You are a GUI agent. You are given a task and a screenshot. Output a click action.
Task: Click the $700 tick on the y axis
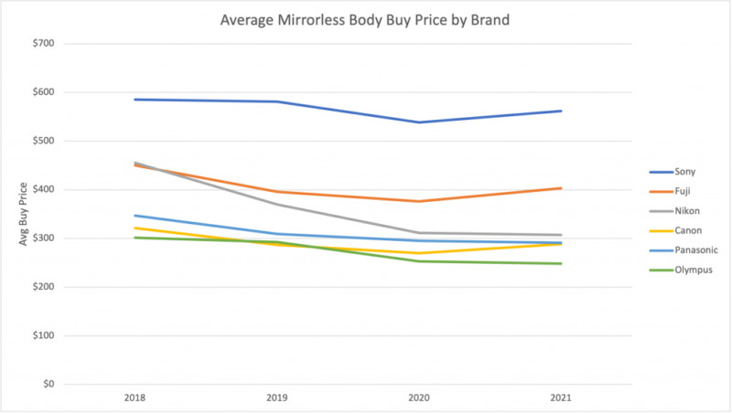tap(41, 44)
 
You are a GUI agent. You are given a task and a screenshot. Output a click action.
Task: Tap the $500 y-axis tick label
tap(41, 142)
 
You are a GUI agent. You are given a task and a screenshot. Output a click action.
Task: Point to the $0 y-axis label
tap(47, 385)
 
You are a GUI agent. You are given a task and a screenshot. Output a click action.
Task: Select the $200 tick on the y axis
tap(41, 287)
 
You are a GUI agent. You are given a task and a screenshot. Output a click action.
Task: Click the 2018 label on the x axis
tap(135, 399)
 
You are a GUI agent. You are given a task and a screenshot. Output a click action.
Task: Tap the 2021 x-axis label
tap(562, 399)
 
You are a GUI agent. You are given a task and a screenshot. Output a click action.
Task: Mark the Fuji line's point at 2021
tap(562, 188)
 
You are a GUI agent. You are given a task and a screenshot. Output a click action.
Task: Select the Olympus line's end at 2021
tap(562, 264)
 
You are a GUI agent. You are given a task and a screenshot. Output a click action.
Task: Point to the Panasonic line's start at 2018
tap(135, 216)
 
